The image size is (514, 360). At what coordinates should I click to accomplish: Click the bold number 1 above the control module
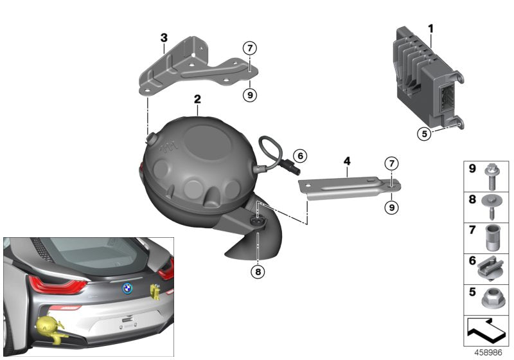[430, 28]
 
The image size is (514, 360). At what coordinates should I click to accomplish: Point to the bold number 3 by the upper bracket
[164, 38]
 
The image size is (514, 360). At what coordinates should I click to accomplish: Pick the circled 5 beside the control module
[423, 134]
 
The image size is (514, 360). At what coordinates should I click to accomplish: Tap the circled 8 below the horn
[258, 272]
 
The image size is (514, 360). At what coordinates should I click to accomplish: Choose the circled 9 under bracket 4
[391, 208]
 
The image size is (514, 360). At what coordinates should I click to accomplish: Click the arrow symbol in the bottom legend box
[486, 332]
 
